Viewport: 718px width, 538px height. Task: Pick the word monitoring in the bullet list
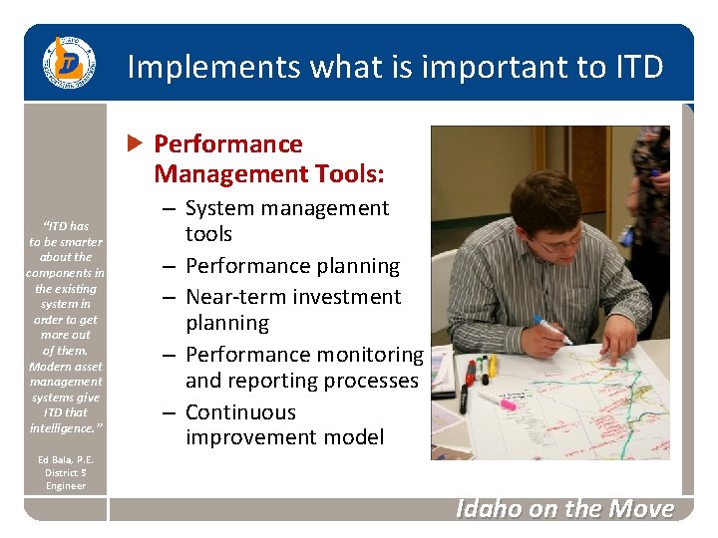click(x=367, y=355)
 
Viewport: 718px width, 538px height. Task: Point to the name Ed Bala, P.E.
click(x=65, y=459)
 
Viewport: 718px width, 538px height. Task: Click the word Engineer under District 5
click(x=65, y=485)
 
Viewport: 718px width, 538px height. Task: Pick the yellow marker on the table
click(x=492, y=366)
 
